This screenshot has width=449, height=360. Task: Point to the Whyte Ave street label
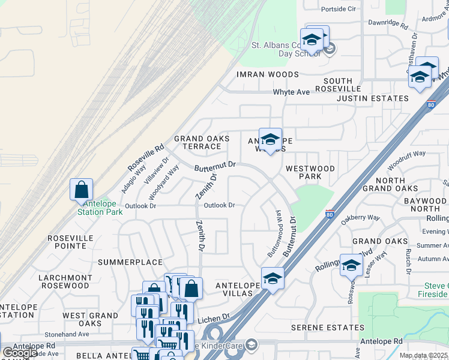click(291, 92)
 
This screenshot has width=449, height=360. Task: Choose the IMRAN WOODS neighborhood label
click(267, 74)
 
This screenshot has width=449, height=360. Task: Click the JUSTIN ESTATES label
click(372, 98)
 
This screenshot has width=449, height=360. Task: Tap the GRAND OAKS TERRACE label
click(202, 143)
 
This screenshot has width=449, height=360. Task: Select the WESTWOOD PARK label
click(310, 173)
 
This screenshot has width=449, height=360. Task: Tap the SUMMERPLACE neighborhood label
click(130, 262)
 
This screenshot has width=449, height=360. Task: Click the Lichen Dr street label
click(217, 316)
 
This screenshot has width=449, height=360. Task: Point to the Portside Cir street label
click(339, 9)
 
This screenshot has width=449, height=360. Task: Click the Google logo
click(19, 353)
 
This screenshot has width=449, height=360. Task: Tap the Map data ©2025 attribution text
click(424, 355)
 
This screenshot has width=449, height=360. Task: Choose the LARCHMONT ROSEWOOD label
click(64, 282)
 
